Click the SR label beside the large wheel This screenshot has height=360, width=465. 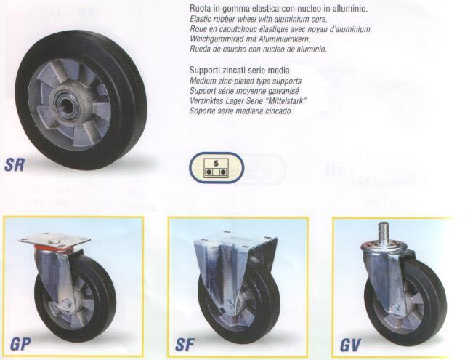pyautogui.click(x=15, y=164)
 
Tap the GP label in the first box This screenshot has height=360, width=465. pyautogui.click(x=20, y=344)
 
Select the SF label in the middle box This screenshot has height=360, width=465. pyautogui.click(x=185, y=345)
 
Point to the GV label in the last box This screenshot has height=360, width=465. pyautogui.click(x=350, y=345)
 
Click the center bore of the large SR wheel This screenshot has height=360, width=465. pyautogui.click(x=67, y=105)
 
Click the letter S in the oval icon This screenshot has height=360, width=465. pyautogui.click(x=217, y=163)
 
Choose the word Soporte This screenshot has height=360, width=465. pyautogui.click(x=202, y=111)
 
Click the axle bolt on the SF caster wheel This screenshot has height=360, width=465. pyautogui.click(x=229, y=305)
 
